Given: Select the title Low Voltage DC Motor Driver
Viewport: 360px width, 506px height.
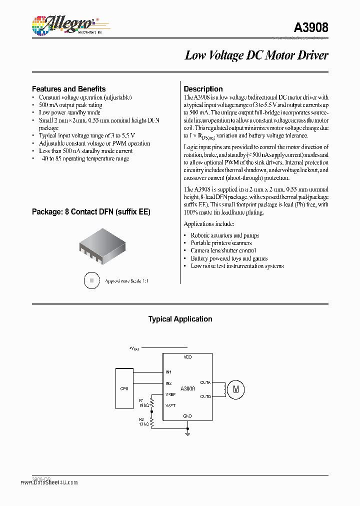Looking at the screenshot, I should point(256,55).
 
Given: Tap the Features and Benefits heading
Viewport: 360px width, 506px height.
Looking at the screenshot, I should point(68,89).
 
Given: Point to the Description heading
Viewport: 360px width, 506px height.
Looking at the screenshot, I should point(203,89).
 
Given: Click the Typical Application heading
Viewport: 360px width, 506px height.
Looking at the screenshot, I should point(180,319).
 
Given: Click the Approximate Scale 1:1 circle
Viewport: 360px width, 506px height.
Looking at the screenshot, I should point(91,280).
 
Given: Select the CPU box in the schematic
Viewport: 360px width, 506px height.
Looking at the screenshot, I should point(124,387).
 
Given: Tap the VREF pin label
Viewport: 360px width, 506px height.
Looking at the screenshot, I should point(171,394).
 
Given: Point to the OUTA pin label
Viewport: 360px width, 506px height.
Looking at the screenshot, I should point(205,382).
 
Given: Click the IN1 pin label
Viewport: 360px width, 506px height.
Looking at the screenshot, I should point(168,372).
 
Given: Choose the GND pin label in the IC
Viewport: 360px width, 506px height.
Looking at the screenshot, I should point(187,416).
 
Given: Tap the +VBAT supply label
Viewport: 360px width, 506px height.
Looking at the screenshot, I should point(134,347).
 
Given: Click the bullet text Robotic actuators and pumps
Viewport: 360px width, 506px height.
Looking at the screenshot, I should point(224,235).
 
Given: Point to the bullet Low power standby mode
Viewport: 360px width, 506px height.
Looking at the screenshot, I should point(69,113).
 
